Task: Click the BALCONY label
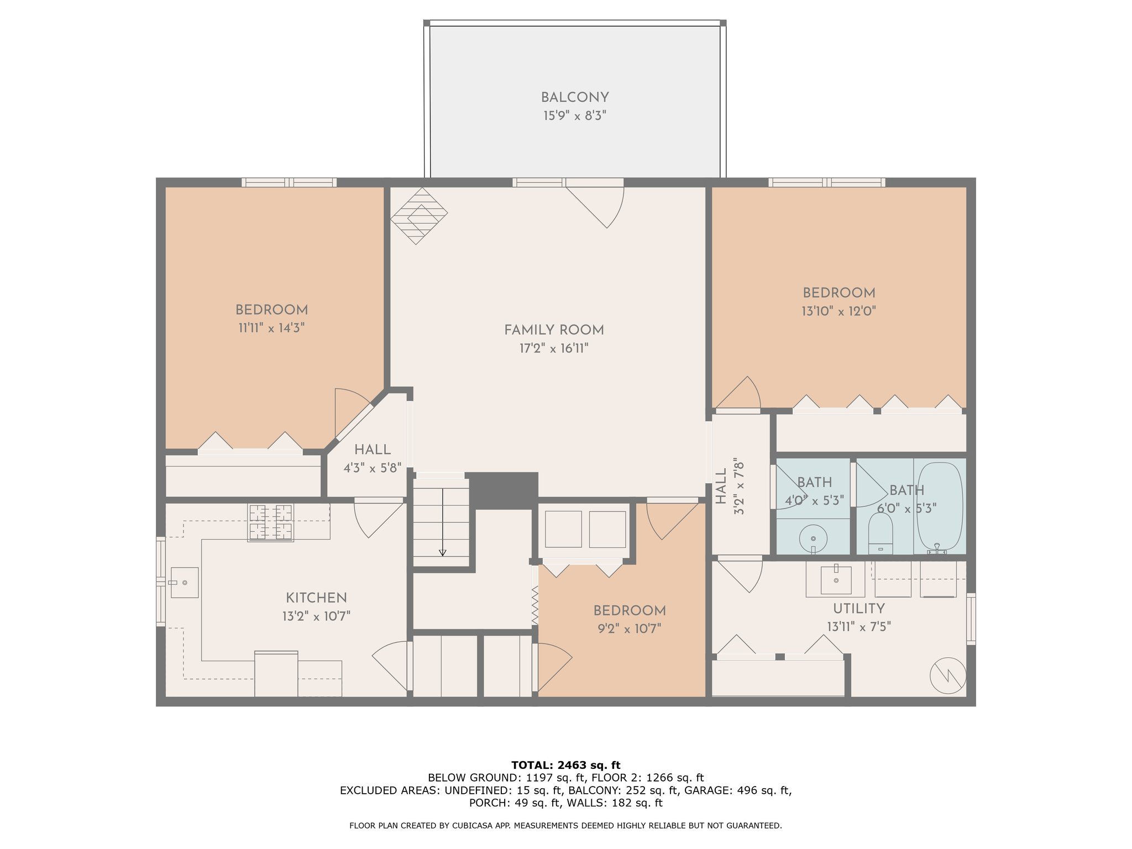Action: pos(575,98)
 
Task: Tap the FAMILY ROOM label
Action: pos(554,330)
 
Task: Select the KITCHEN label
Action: pos(316,598)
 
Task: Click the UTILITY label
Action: pos(859,609)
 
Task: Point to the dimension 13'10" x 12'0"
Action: pos(839,311)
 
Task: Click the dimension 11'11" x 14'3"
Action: pos(271,328)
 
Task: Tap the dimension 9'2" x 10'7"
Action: pos(630,628)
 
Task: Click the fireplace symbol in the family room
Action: pos(419,216)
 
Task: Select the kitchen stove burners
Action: pos(270,522)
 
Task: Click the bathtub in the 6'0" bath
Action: pos(940,508)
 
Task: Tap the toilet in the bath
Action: pos(881,533)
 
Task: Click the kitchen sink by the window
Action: pos(184,583)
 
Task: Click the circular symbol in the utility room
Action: pos(948,675)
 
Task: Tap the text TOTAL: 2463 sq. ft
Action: pos(566,766)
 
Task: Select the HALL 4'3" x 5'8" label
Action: pos(373,459)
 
